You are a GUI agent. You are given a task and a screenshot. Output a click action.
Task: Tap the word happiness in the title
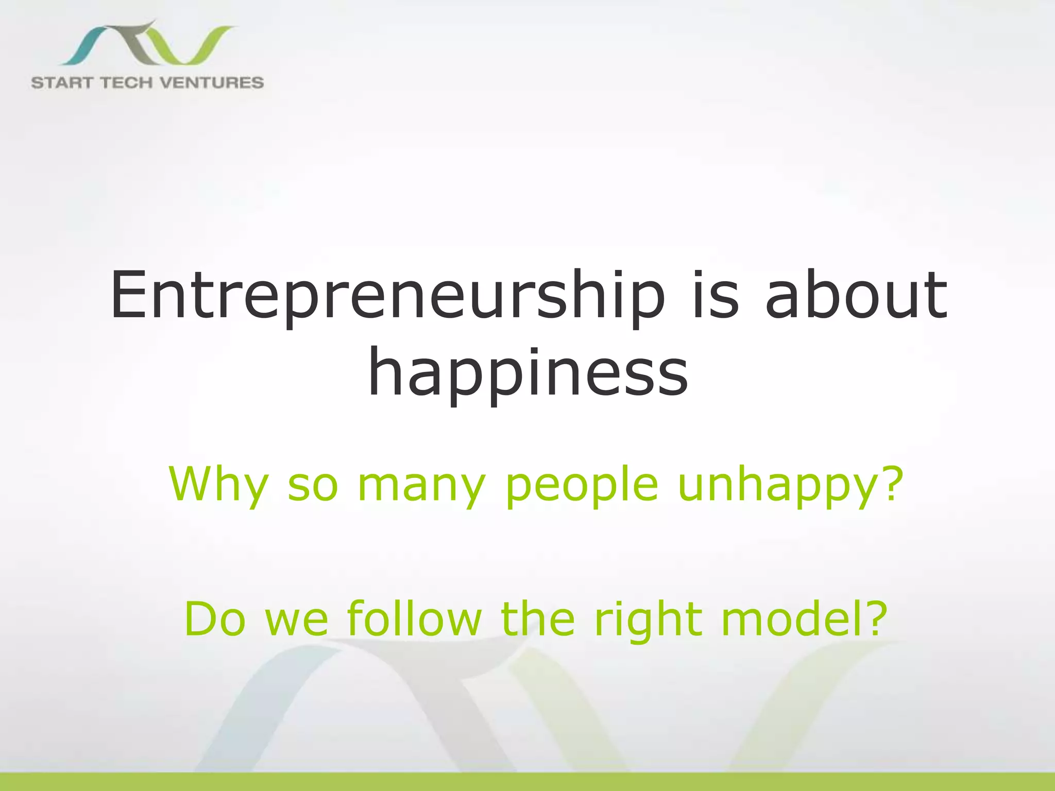(527, 372)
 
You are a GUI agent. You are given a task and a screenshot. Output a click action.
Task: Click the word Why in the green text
(218, 484)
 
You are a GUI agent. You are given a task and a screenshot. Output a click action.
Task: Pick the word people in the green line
(582, 484)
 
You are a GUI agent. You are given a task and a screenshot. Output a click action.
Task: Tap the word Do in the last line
(215, 619)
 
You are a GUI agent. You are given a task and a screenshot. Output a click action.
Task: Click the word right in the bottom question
(648, 619)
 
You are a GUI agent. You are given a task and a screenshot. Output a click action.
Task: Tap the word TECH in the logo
(132, 82)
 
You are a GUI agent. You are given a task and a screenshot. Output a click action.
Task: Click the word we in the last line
(296, 620)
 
